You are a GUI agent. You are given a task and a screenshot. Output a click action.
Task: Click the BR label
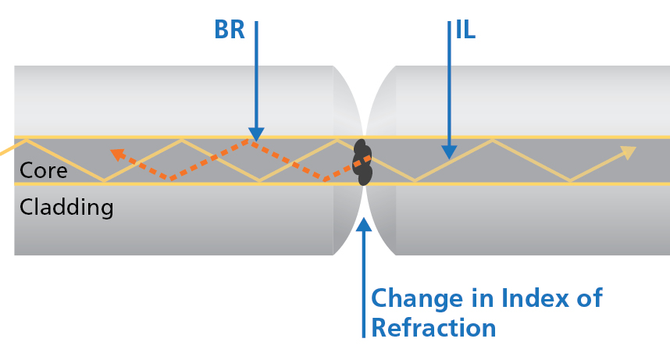coord(230,30)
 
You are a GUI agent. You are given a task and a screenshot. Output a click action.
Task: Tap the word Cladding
coord(66,208)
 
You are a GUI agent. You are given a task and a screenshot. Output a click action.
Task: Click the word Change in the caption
coord(419,299)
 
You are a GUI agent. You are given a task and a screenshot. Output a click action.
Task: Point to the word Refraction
coord(433,327)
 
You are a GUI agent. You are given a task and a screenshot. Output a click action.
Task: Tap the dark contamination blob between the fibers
coord(362,162)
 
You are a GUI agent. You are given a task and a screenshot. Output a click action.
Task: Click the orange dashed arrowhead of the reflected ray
coord(116,154)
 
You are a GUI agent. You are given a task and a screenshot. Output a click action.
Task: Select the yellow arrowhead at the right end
coord(628,152)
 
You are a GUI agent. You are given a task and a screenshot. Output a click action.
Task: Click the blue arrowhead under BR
coord(255,134)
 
